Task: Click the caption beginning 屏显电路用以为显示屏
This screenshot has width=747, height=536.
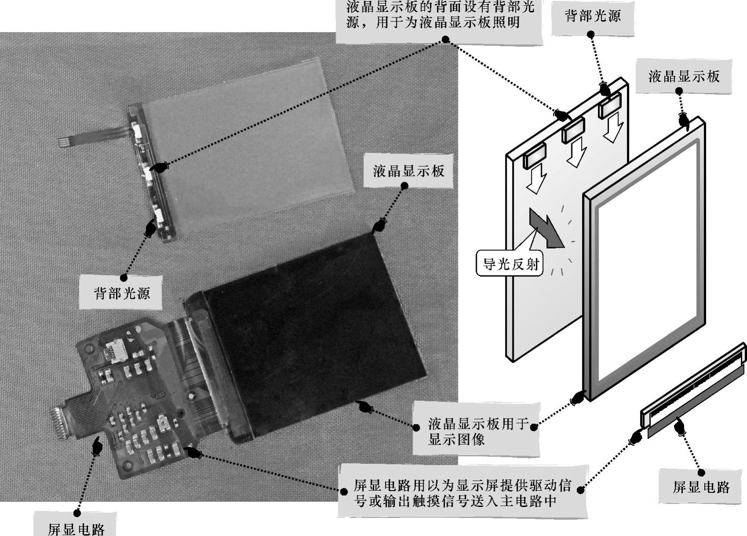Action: click(x=462, y=493)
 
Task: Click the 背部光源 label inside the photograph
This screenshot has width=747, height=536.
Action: click(x=122, y=293)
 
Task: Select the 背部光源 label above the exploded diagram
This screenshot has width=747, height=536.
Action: click(x=593, y=16)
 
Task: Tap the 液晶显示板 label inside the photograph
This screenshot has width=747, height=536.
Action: click(x=409, y=171)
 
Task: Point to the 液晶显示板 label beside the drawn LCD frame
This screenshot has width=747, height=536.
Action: click(x=684, y=77)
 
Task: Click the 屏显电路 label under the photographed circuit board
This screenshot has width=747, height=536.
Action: click(x=76, y=528)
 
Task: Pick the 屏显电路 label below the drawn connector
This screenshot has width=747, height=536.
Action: click(x=701, y=487)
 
